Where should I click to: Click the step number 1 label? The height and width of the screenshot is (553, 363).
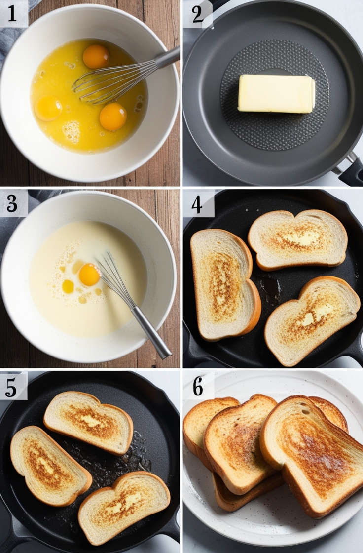coord(12,13)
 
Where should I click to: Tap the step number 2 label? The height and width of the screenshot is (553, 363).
coord(197,14)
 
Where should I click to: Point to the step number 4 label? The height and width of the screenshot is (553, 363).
coord(197,204)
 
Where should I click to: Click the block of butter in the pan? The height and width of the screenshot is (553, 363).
coord(276,93)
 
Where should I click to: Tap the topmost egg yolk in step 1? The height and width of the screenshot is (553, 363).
coord(96,56)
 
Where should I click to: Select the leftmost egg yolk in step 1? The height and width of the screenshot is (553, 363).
coord(48,107)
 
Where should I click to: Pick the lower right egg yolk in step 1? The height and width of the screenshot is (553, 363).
coord(113,117)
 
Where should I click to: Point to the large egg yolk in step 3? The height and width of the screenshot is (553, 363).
coord(89,275)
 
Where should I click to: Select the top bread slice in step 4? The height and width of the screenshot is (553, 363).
coord(297,238)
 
